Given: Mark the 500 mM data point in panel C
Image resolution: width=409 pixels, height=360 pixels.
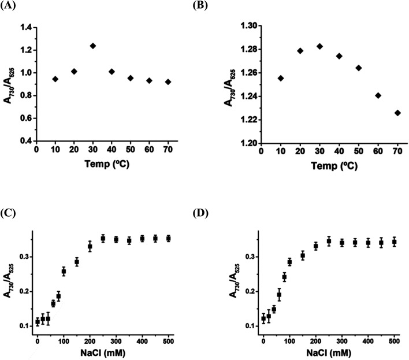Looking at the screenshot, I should click(168, 239).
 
